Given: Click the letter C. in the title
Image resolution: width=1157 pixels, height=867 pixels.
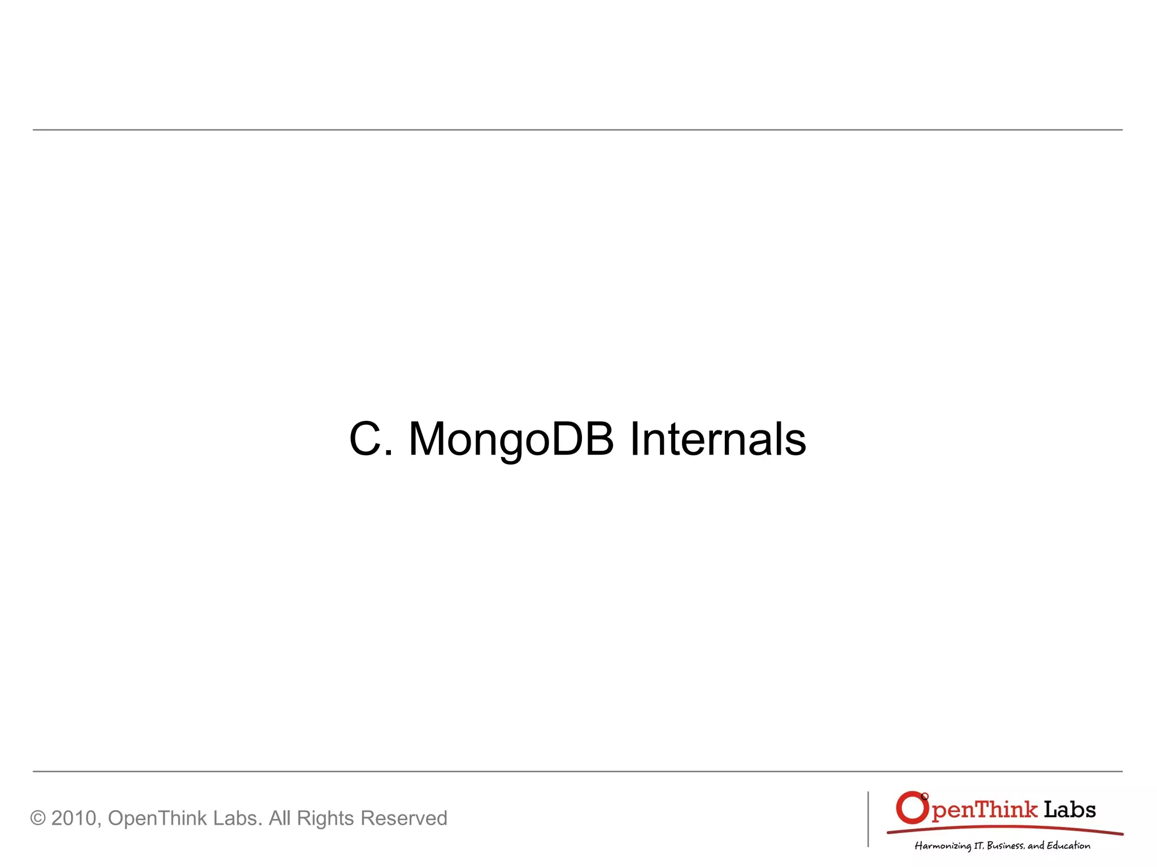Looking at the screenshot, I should [370, 439].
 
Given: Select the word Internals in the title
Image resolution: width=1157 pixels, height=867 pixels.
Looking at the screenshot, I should [717, 439].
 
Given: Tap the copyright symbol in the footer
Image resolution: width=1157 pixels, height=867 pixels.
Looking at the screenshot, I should [38, 818].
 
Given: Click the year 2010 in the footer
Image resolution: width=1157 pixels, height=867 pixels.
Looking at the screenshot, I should [75, 818].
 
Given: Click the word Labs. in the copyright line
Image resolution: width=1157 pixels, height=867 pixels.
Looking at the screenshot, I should [237, 818].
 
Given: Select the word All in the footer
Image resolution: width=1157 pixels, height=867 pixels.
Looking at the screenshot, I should [280, 818].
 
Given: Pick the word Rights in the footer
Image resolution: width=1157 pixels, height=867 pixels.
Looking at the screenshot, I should [325, 818].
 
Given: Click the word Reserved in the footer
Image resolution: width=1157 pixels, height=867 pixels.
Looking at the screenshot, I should [403, 818].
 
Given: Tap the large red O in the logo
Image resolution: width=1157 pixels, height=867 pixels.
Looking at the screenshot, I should [911, 808].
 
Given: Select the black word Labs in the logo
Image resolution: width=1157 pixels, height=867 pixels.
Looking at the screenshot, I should [1069, 809].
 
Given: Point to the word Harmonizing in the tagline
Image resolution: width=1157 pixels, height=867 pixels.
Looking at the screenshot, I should [942, 846].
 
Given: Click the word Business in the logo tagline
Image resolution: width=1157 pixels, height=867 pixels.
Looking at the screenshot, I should [1004, 846].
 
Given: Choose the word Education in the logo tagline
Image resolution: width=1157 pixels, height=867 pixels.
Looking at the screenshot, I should [1068, 846].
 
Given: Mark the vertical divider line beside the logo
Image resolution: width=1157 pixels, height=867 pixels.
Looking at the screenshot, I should [868, 819].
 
